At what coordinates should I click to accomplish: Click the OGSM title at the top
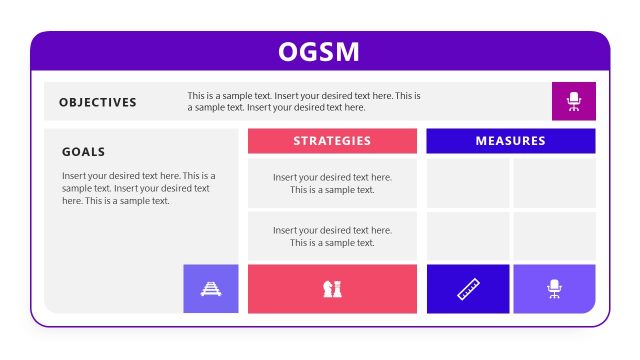coord(319,51)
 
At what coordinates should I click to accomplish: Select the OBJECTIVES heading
coord(98,102)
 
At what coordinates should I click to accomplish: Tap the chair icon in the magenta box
coord(574,101)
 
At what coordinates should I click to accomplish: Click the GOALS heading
coord(83,152)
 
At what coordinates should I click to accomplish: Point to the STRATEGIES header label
coord(332,141)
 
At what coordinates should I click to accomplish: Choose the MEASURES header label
coord(510,141)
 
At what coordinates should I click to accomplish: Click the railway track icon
coord(211,289)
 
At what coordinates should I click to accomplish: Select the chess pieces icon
coord(332,289)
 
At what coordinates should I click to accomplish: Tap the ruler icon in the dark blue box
coord(468,289)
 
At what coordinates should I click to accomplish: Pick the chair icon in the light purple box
coord(554,289)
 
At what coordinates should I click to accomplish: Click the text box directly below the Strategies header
coord(332,183)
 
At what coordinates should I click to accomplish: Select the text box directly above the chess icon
coord(332,236)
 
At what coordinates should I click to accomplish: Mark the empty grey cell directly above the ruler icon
coord(468,236)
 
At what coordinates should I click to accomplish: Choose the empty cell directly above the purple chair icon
coord(554,236)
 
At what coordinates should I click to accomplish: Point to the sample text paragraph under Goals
coord(138,188)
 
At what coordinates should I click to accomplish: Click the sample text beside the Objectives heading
coord(304,102)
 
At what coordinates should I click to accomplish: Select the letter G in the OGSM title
coord(309,51)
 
